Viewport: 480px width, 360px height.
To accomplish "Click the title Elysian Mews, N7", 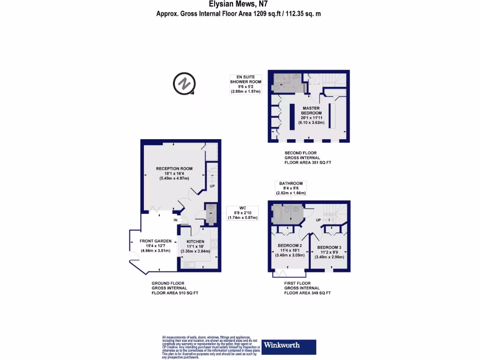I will [x=239, y=5].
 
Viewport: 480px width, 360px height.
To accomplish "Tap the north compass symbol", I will [x=184, y=84].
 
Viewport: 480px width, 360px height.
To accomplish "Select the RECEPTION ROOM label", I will [x=174, y=169].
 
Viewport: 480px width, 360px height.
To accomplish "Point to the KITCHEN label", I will [x=195, y=241].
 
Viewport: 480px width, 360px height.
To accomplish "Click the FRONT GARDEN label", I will [x=152, y=241].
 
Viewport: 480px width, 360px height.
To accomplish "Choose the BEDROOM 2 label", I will [x=289, y=246].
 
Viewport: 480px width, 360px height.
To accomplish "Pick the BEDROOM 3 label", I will [x=329, y=247].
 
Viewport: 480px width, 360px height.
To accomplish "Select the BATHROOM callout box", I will [x=291, y=188].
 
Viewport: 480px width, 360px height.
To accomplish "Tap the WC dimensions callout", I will [x=242, y=213].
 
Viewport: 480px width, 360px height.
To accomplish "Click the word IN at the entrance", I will [x=176, y=220].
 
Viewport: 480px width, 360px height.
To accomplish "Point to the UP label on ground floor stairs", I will [x=211, y=186].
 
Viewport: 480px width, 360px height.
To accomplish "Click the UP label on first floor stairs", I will [x=318, y=219].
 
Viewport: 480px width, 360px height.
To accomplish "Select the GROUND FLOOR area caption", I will [x=174, y=288].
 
